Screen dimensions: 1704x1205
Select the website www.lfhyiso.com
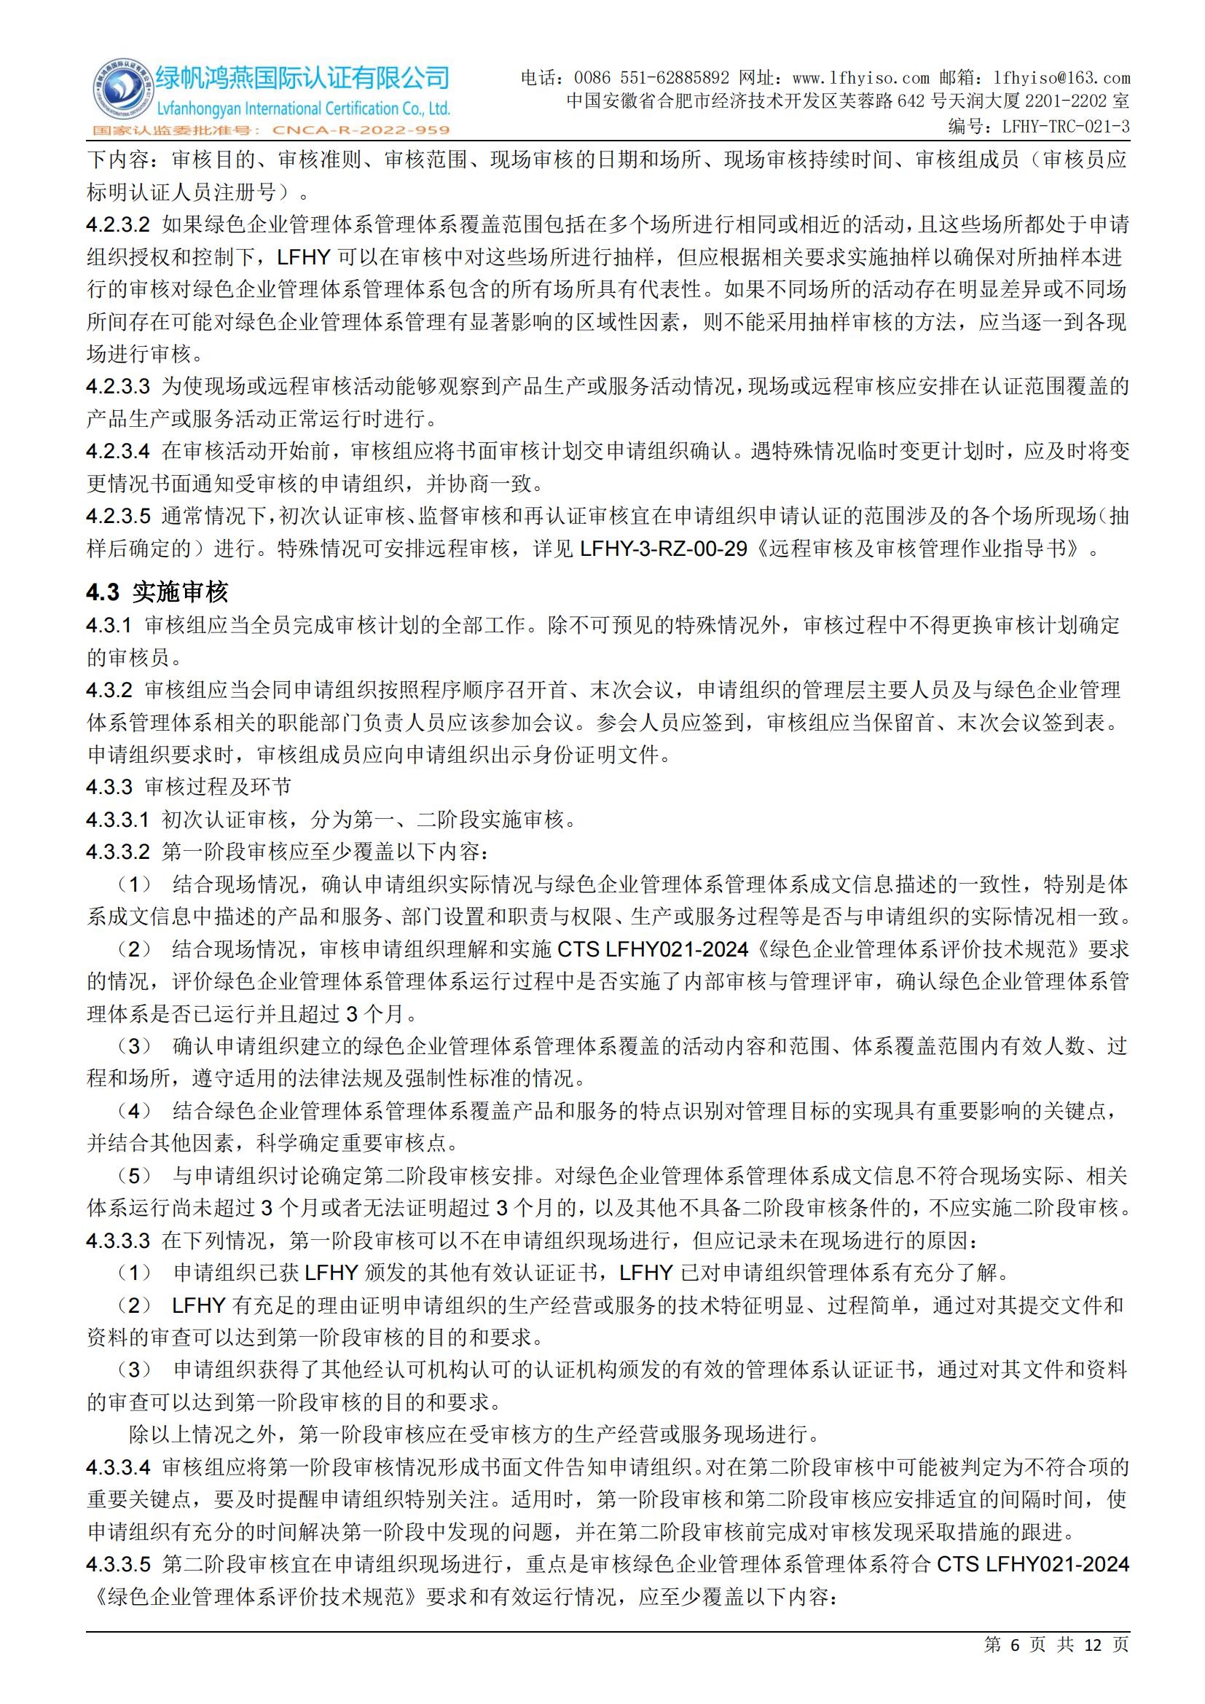[x=860, y=78]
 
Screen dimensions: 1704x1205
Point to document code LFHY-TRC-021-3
[x=1066, y=127]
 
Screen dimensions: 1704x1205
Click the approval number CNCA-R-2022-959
[x=361, y=130]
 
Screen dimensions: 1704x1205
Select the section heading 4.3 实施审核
[x=157, y=592]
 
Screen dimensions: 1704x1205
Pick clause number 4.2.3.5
[x=118, y=516]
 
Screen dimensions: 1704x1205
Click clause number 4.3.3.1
[x=118, y=820]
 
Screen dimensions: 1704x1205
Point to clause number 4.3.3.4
[x=118, y=1467]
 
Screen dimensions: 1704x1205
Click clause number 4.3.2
[x=109, y=690]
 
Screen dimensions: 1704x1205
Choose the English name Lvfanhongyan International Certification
[x=303, y=109]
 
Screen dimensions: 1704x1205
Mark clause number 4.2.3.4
[x=118, y=451]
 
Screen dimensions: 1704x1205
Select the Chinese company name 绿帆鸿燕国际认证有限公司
[x=303, y=77]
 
